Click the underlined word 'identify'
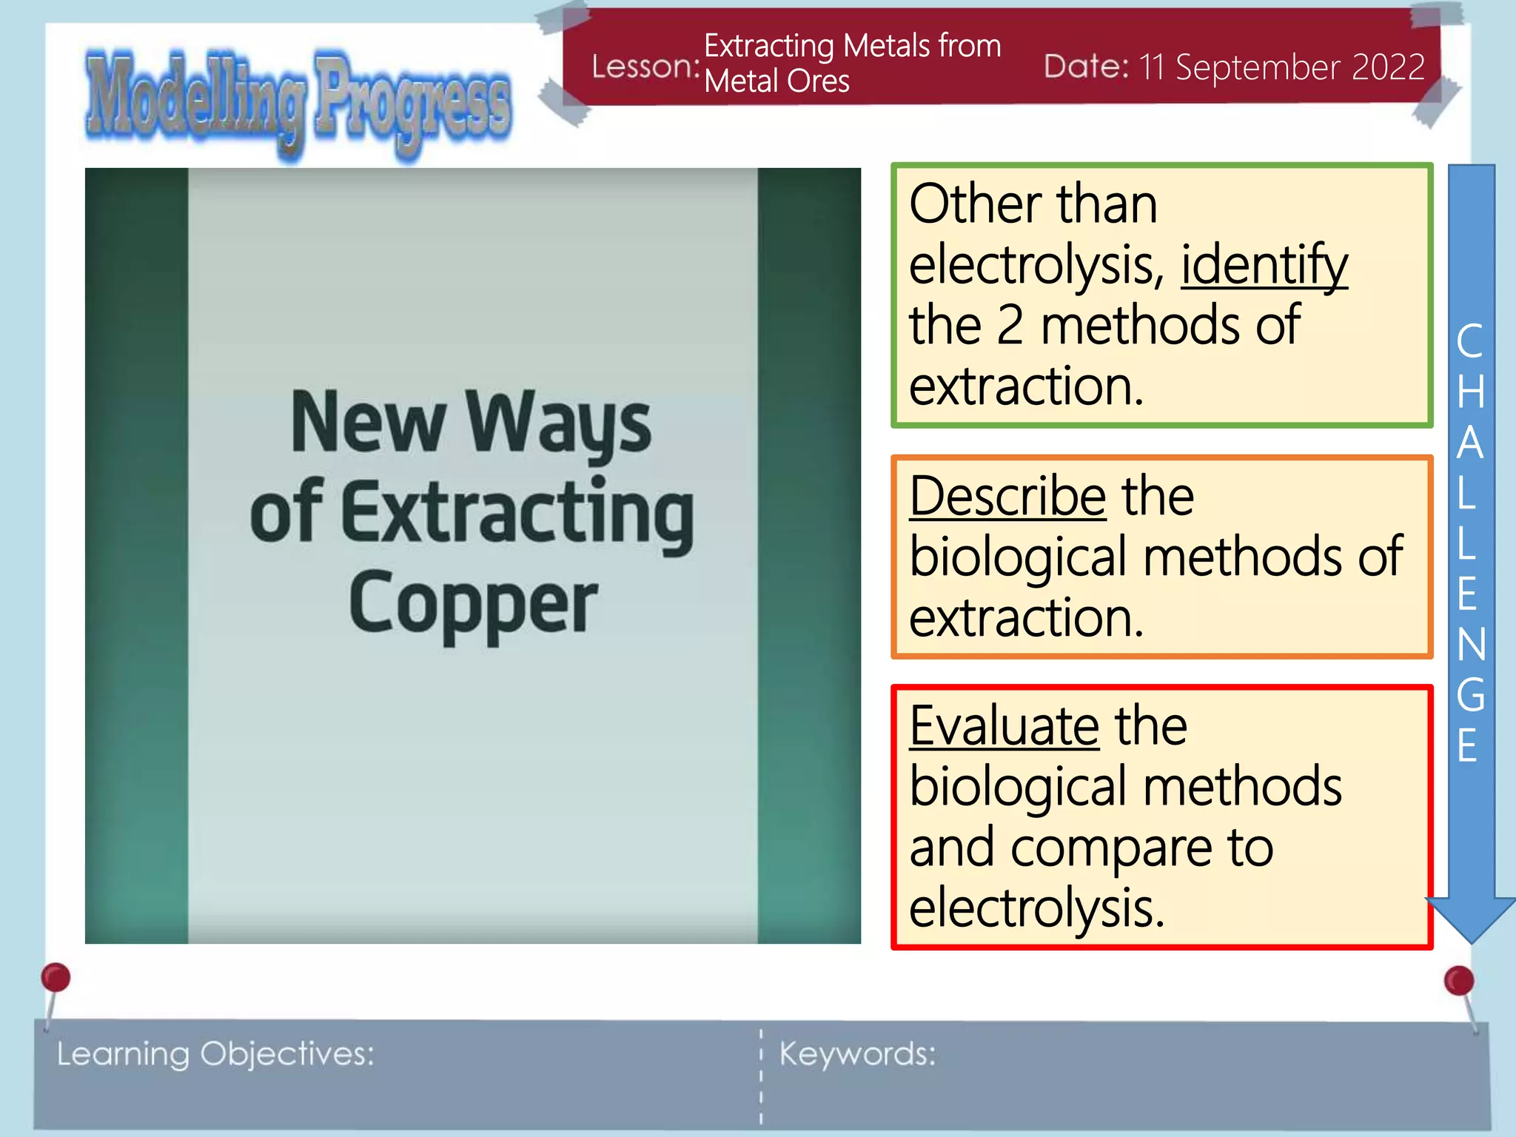pyautogui.click(x=1264, y=265)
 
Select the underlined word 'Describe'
pyautogui.click(x=1007, y=496)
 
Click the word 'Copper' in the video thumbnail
pyautogui.click(x=472, y=603)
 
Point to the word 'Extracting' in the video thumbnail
pyautogui.click(x=518, y=512)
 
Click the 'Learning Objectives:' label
pyautogui.click(x=215, y=1053)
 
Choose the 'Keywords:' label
pyautogui.click(x=857, y=1053)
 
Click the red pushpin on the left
pyautogui.click(x=56, y=978)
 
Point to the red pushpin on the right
pyautogui.click(x=1458, y=982)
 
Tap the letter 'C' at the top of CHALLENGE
pyautogui.click(x=1470, y=341)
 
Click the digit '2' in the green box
pyautogui.click(x=1010, y=326)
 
